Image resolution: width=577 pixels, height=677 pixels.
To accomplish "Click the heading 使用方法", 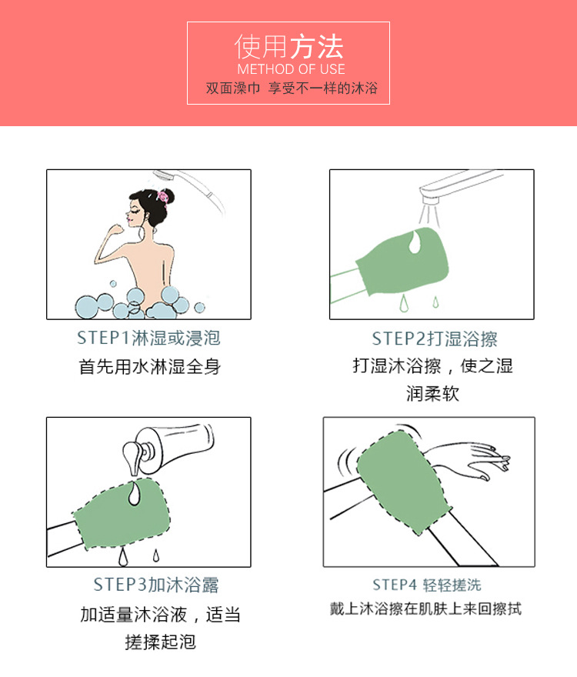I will (x=288, y=47).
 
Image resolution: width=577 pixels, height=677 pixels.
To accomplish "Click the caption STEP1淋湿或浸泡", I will (x=148, y=338).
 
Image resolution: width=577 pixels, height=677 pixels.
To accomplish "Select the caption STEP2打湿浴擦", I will (x=434, y=339).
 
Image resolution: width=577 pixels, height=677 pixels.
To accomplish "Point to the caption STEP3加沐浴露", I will (x=156, y=585).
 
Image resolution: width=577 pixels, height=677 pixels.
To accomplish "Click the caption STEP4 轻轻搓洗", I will (x=427, y=585).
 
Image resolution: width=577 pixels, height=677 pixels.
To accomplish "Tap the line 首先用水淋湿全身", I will (x=149, y=367).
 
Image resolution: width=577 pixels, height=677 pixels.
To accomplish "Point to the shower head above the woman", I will (x=192, y=185).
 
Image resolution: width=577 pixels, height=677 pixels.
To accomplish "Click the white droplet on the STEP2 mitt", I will (x=413, y=241).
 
